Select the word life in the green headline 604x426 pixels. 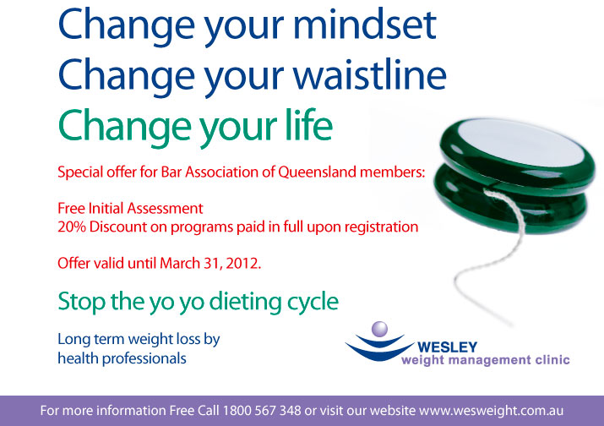(302, 127)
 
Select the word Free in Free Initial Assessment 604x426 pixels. (71, 208)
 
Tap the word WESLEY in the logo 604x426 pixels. (447, 347)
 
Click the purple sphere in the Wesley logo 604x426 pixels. (379, 328)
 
